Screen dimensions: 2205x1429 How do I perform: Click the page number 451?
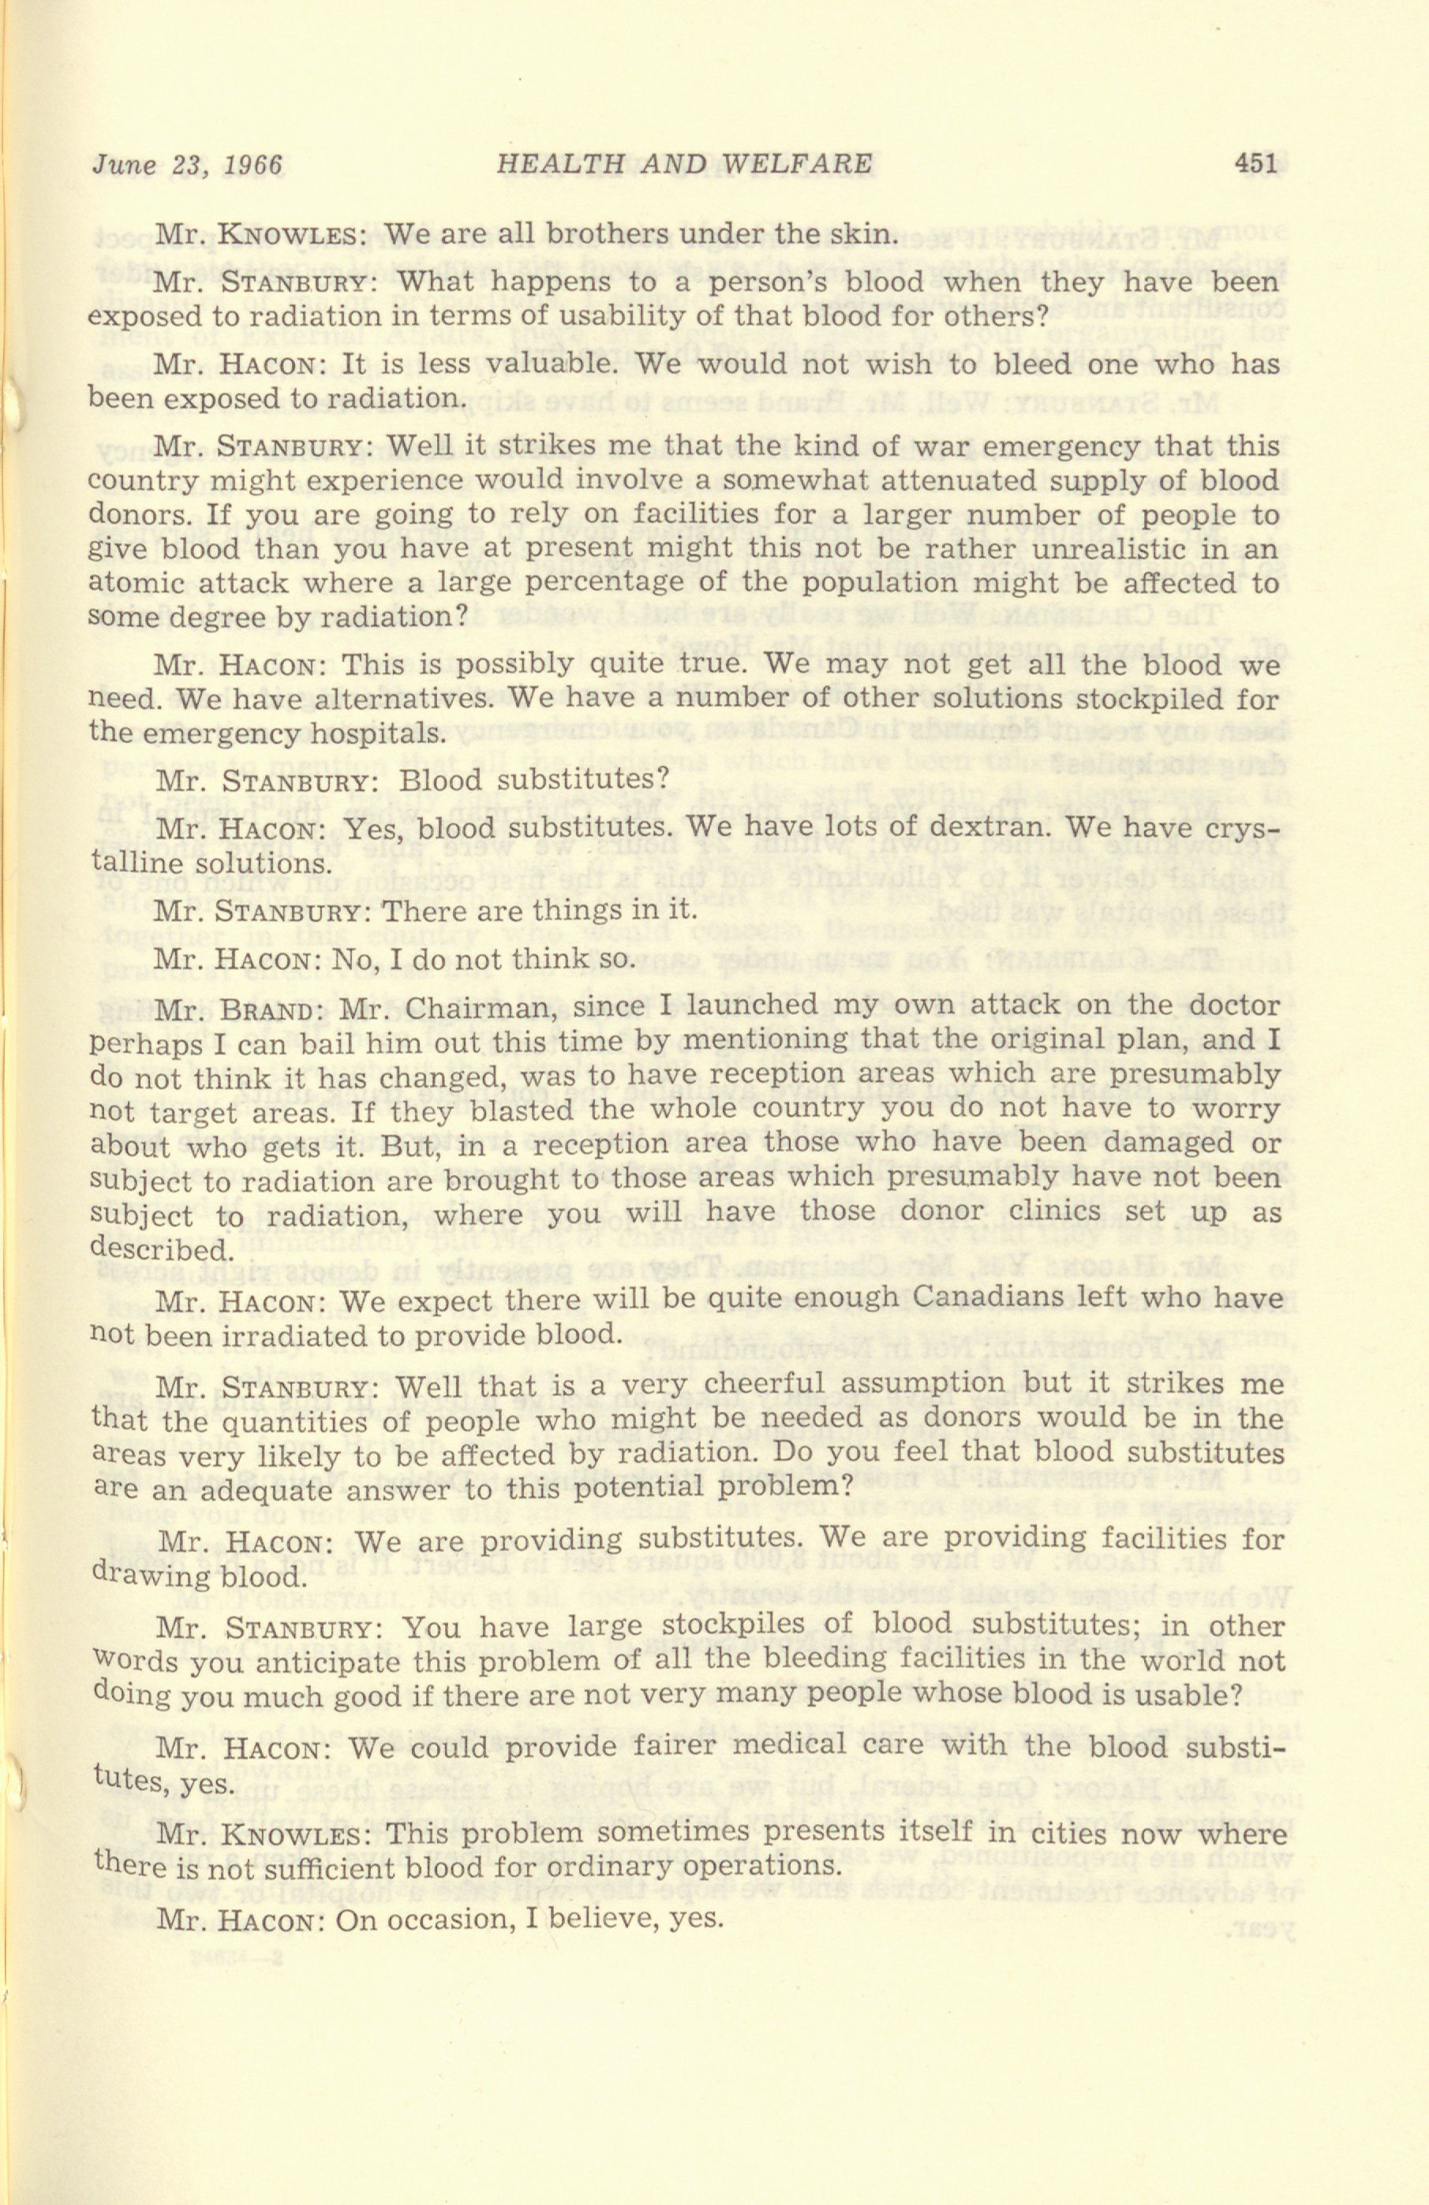click(1255, 165)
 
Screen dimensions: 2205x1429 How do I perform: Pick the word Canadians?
click(984, 1300)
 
